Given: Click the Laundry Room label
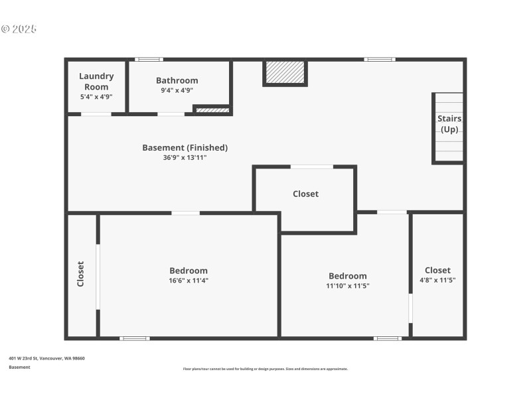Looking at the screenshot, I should pyautogui.click(x=96, y=81).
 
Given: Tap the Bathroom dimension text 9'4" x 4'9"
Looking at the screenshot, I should pyautogui.click(x=177, y=91).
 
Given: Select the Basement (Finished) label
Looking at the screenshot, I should pyautogui.click(x=185, y=147).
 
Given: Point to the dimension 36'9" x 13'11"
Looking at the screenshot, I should pyautogui.click(x=185, y=157).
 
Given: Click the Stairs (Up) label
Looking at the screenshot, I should pyautogui.click(x=449, y=123).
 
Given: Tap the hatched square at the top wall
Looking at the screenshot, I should pyautogui.click(x=285, y=72).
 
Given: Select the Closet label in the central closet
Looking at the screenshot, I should pyautogui.click(x=305, y=194).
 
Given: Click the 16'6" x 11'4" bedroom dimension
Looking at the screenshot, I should pyautogui.click(x=189, y=281).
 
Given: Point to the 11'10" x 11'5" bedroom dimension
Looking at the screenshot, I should pyautogui.click(x=347, y=286).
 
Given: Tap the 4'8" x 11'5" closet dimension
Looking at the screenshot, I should pyautogui.click(x=437, y=280).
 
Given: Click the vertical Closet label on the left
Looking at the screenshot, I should pyautogui.click(x=81, y=273).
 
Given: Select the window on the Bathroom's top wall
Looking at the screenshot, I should pyautogui.click(x=149, y=60).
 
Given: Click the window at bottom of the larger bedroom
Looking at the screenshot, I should pyautogui.click(x=134, y=338).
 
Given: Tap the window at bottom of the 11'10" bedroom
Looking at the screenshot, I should pyautogui.click(x=387, y=338).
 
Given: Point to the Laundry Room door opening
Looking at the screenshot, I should pyautogui.click(x=96, y=114).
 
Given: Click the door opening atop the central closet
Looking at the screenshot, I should pyautogui.click(x=312, y=166).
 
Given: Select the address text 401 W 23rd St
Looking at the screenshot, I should pyautogui.click(x=46, y=358).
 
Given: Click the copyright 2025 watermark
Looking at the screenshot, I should pyautogui.click(x=19, y=29).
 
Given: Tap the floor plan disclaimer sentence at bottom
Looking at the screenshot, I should pyautogui.click(x=265, y=369).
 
